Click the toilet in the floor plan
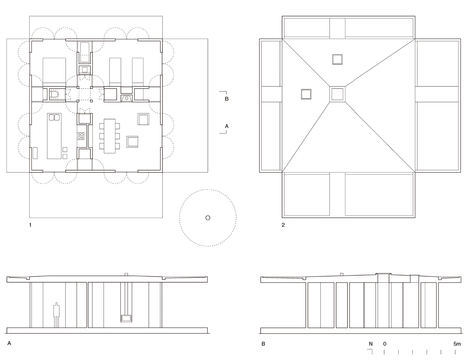[54, 94]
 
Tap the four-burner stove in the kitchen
[81, 136]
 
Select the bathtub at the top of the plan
[84, 52]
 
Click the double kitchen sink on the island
[54, 118]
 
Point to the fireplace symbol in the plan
[127, 98]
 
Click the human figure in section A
[56, 315]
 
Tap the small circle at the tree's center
[208, 218]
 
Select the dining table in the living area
[110, 136]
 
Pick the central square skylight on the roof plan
[337, 94]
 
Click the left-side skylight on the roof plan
[306, 94]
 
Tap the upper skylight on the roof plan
[337, 59]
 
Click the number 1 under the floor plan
[30, 225]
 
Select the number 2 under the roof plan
[283, 225]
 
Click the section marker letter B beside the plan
[227, 99]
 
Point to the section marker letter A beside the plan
[227, 126]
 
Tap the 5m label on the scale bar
[457, 344]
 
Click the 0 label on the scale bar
[385, 344]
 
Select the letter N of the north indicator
[371, 344]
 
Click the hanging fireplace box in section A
[126, 318]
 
